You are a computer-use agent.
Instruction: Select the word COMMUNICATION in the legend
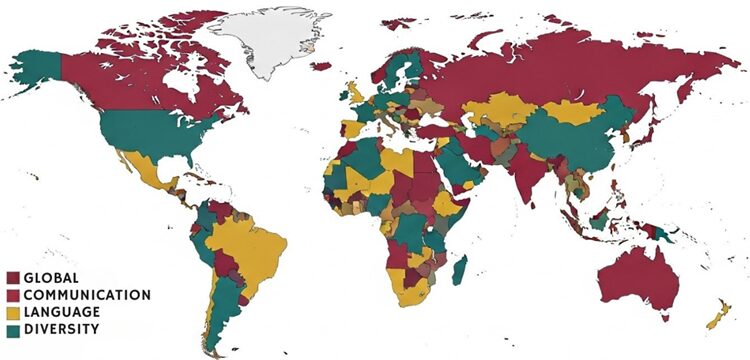(87, 295)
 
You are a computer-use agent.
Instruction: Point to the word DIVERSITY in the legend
(61, 328)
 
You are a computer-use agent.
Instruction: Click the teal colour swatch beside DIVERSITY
(12, 329)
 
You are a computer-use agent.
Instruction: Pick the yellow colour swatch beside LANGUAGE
(12, 312)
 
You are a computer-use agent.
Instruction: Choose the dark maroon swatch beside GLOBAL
(12, 277)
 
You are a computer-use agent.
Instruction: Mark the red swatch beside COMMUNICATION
(12, 295)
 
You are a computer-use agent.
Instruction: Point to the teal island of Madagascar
(461, 269)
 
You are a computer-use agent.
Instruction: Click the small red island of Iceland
(320, 65)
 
